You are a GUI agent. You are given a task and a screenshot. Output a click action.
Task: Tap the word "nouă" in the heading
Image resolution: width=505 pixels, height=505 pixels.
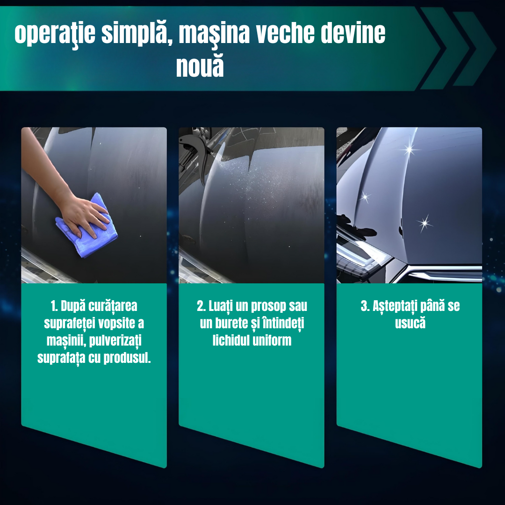[x=200, y=66]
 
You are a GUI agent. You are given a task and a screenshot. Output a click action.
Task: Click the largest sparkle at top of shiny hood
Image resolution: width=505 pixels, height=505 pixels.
[x=410, y=149]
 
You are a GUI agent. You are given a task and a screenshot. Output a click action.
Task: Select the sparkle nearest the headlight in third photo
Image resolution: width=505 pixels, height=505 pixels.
[x=365, y=197]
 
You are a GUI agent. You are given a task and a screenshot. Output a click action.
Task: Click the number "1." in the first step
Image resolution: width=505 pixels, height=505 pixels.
[x=55, y=307]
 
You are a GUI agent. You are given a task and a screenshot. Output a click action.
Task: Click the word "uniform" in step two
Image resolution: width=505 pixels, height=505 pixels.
[x=272, y=340]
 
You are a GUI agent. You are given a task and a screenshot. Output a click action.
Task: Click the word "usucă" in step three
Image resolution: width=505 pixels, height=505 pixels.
[x=410, y=324]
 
